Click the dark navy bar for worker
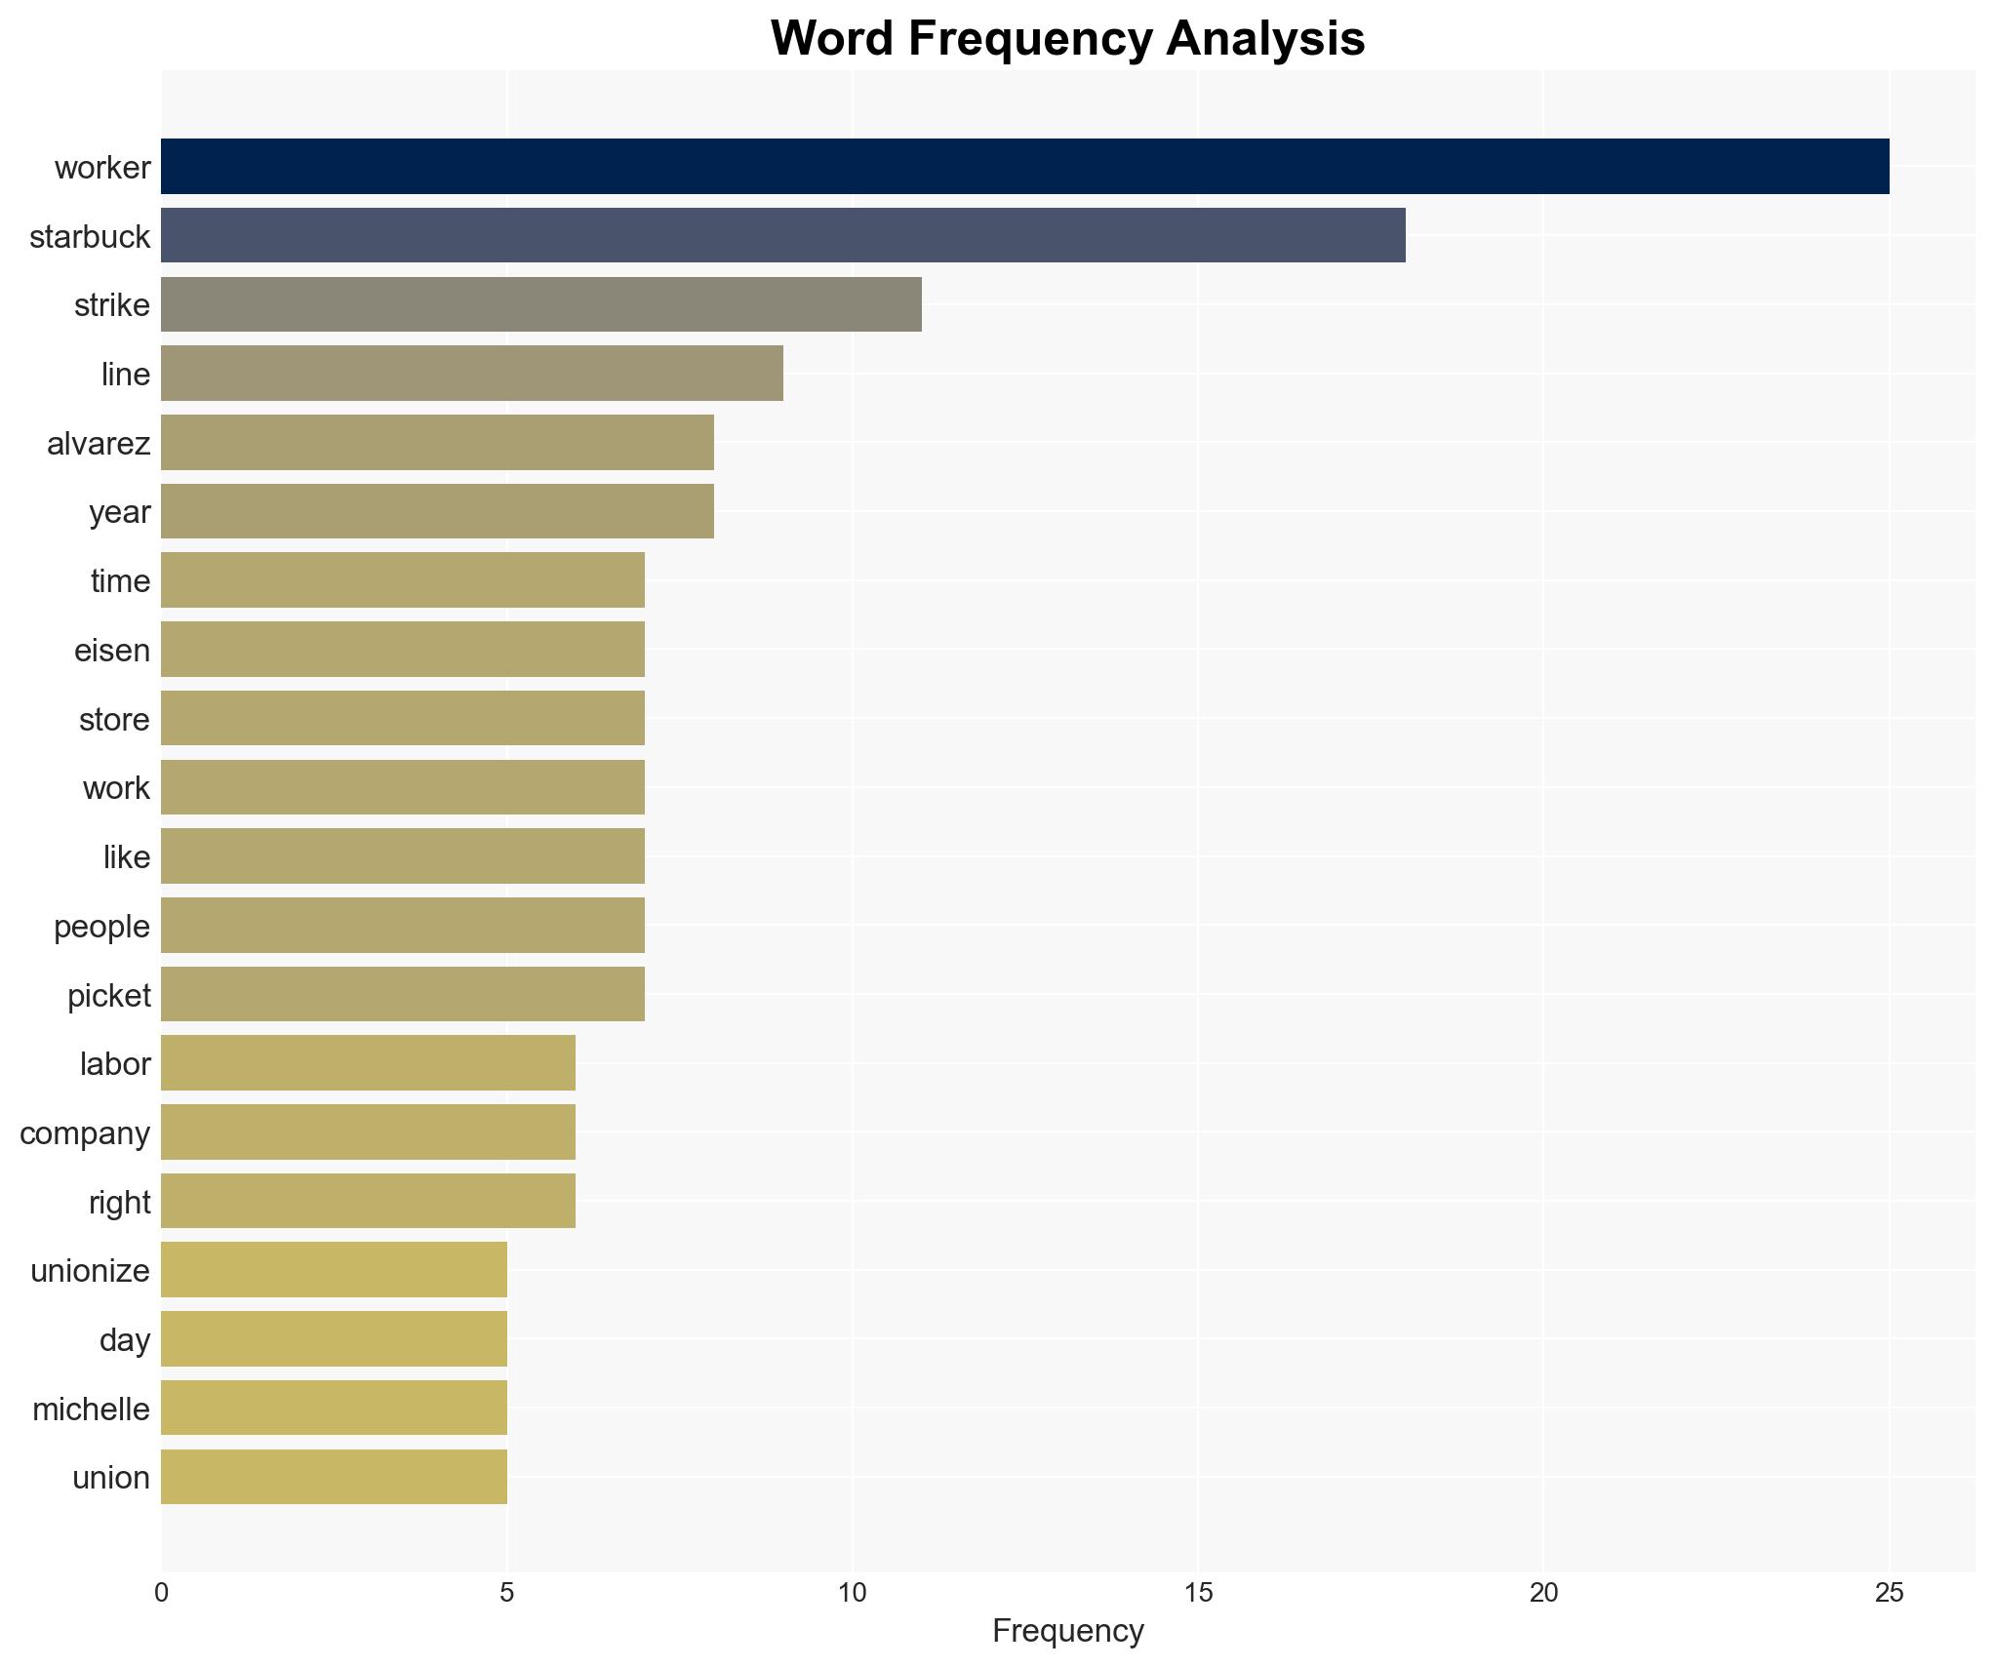tap(1024, 167)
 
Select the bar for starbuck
tap(782, 236)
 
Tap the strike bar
tap(540, 304)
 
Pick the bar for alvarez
tap(437, 443)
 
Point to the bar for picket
tap(402, 994)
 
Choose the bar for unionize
tap(334, 1270)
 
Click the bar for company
tap(368, 1132)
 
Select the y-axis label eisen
tap(112, 651)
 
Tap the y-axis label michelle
tap(91, 1409)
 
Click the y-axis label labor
tap(115, 1064)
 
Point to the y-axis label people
tap(101, 927)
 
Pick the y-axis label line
tap(126, 375)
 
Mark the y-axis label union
tap(111, 1478)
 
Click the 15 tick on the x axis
tap(1198, 1593)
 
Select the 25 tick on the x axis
tap(1889, 1593)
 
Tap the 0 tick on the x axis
tap(162, 1593)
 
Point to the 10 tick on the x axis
tap(852, 1593)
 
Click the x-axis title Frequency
tap(1067, 1631)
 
